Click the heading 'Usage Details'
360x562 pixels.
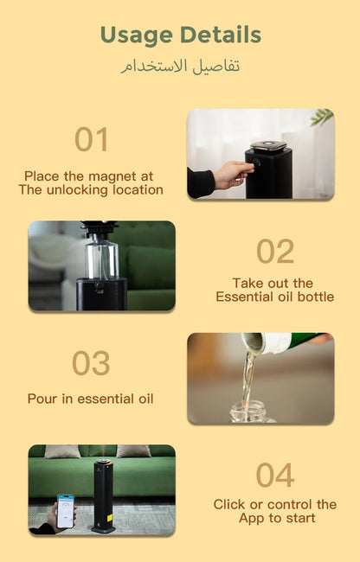[180, 35]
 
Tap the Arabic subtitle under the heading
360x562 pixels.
[180, 67]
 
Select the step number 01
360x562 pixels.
[91, 139]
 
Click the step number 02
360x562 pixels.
[275, 251]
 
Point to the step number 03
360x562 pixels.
[91, 364]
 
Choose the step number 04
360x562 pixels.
[275, 475]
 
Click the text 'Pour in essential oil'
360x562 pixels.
[91, 399]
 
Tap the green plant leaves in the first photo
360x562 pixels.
[322, 117]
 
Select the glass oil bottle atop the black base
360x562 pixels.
[102, 258]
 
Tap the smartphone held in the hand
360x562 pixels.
[65, 510]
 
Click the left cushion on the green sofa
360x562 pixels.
[63, 451]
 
